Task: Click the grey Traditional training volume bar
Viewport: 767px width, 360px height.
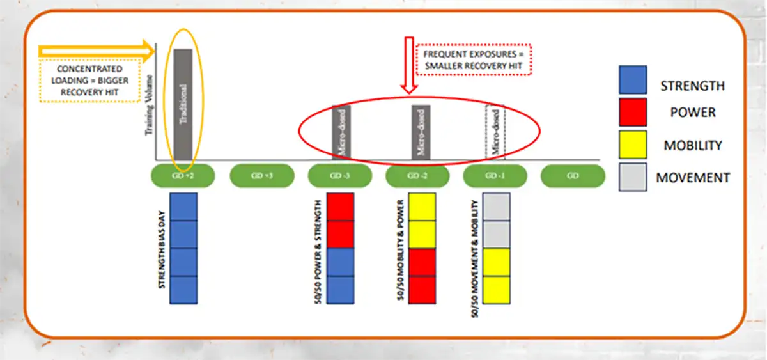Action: coord(183,104)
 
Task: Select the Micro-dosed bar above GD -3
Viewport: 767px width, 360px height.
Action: coord(341,132)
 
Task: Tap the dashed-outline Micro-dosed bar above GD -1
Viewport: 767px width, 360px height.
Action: coord(495,132)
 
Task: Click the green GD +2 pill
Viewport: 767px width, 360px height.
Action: coord(183,175)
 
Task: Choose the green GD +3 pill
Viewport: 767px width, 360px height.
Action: coord(261,175)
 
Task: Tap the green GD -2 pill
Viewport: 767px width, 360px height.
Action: coord(418,175)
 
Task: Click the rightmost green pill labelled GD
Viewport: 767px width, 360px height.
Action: coord(573,175)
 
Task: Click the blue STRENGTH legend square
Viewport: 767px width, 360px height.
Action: coord(633,80)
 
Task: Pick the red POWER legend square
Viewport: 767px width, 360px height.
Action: coord(633,113)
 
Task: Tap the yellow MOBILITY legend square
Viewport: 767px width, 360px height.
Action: coord(633,145)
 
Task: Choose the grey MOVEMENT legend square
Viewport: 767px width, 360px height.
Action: coord(633,177)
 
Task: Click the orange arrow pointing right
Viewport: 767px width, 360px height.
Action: coord(97,51)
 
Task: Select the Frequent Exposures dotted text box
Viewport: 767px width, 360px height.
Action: coord(474,59)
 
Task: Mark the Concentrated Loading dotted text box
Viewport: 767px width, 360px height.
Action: coord(89,81)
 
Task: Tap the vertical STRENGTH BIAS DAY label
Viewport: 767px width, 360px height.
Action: coord(163,249)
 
